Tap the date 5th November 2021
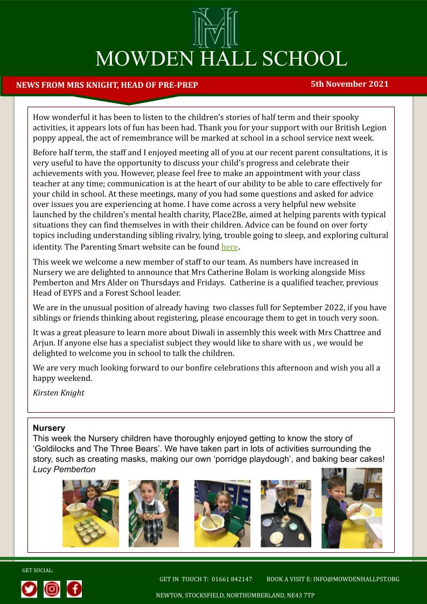click(349, 84)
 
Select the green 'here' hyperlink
click(229, 247)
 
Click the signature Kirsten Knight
click(59, 393)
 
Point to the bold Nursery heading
click(49, 428)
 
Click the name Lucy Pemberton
click(64, 469)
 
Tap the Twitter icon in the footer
click(30, 589)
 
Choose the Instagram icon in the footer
click(52, 589)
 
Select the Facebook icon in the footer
click(74, 589)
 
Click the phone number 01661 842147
click(232, 579)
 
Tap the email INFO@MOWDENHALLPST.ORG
click(356, 579)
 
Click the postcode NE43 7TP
click(302, 595)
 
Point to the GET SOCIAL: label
click(38, 570)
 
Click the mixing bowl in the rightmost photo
click(360, 513)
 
